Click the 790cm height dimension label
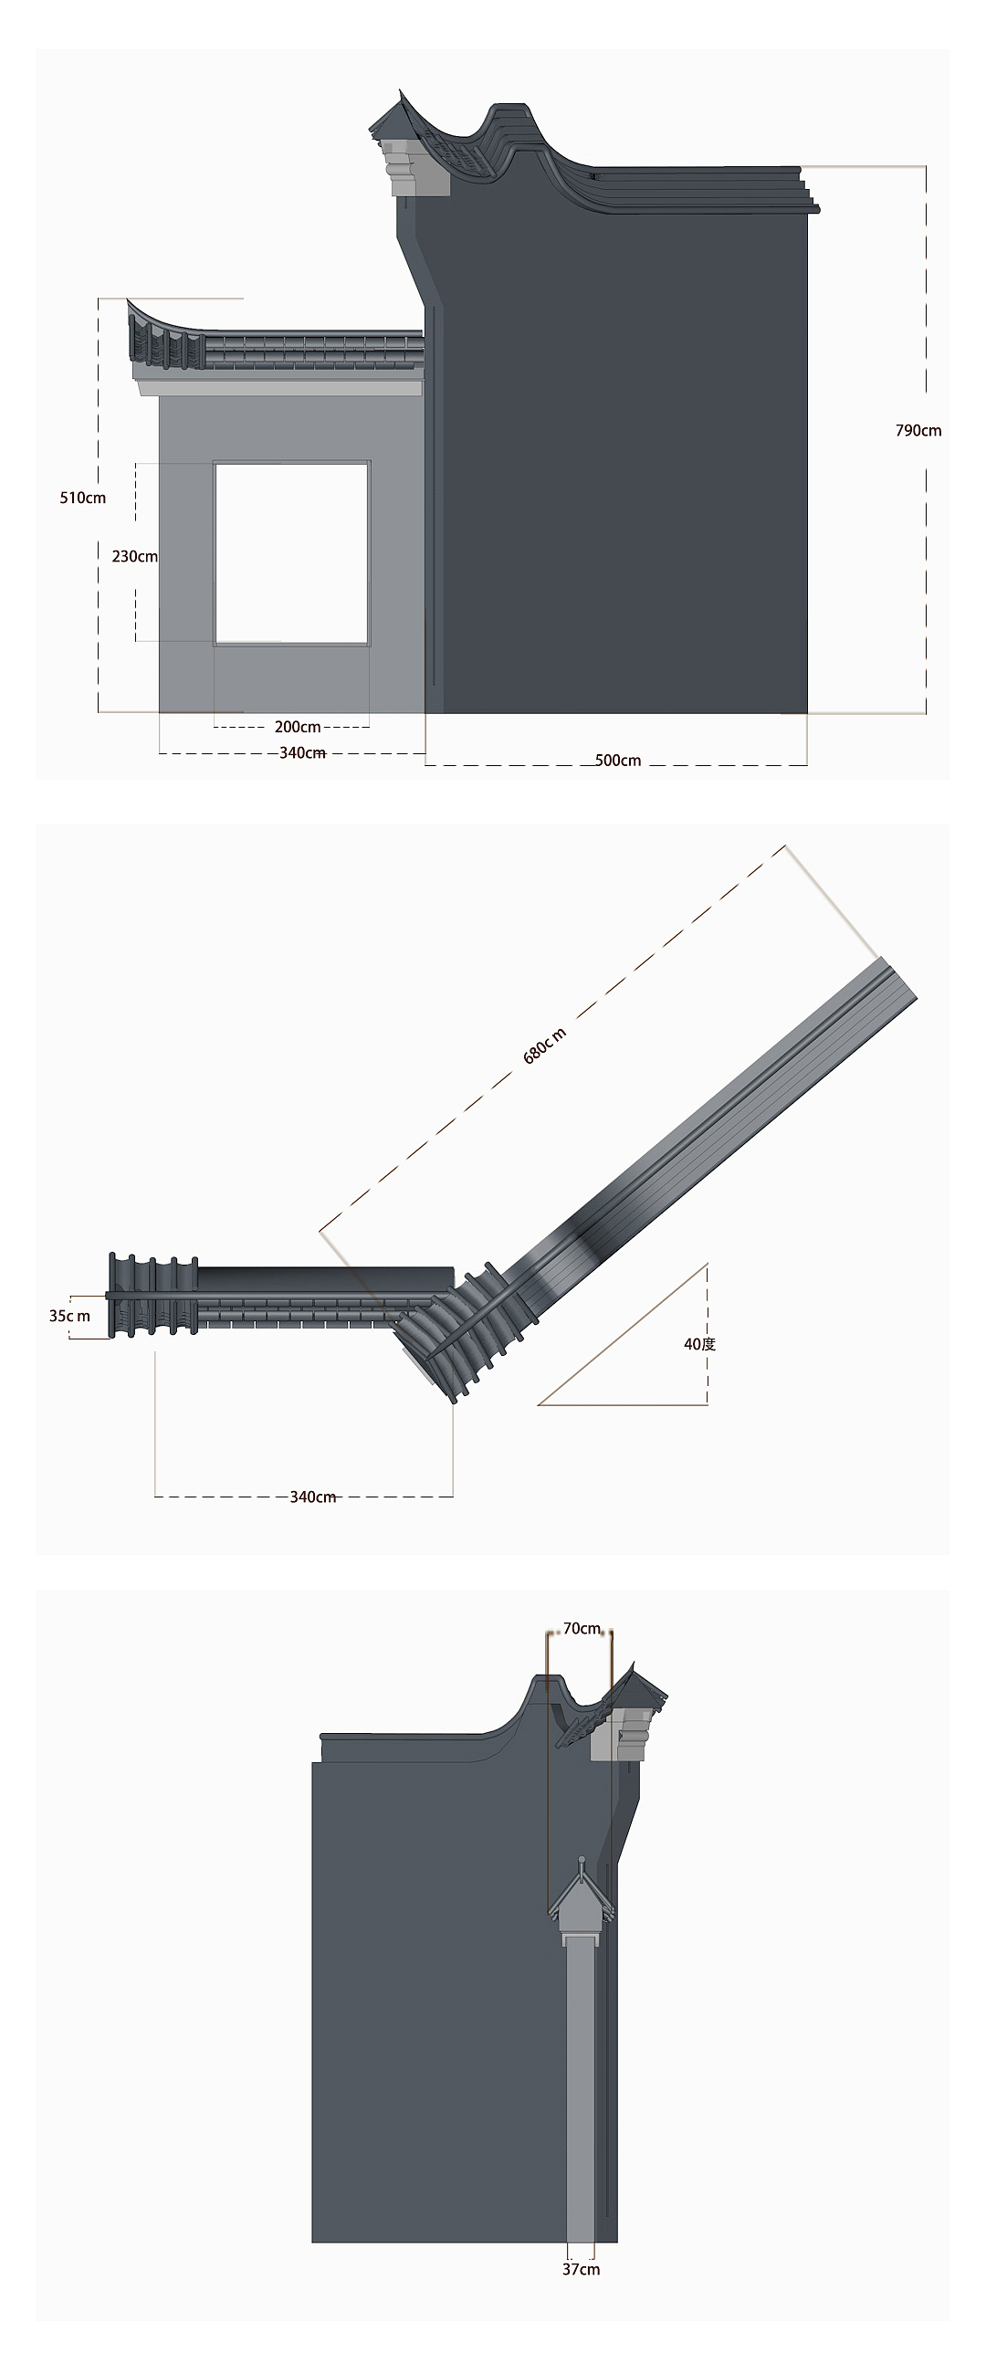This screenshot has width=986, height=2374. [x=918, y=430]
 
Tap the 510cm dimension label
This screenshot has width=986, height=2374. [x=83, y=498]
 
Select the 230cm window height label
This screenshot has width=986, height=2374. [x=134, y=557]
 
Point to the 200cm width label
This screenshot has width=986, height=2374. [x=298, y=727]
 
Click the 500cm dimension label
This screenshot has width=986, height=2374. [x=618, y=761]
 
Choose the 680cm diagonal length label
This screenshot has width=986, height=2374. [x=545, y=1045]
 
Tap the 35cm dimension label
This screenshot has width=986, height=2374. [x=70, y=1316]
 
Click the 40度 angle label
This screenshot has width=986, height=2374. [x=699, y=1344]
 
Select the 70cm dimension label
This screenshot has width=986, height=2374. [x=582, y=1628]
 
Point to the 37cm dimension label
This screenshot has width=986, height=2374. [x=582, y=2269]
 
